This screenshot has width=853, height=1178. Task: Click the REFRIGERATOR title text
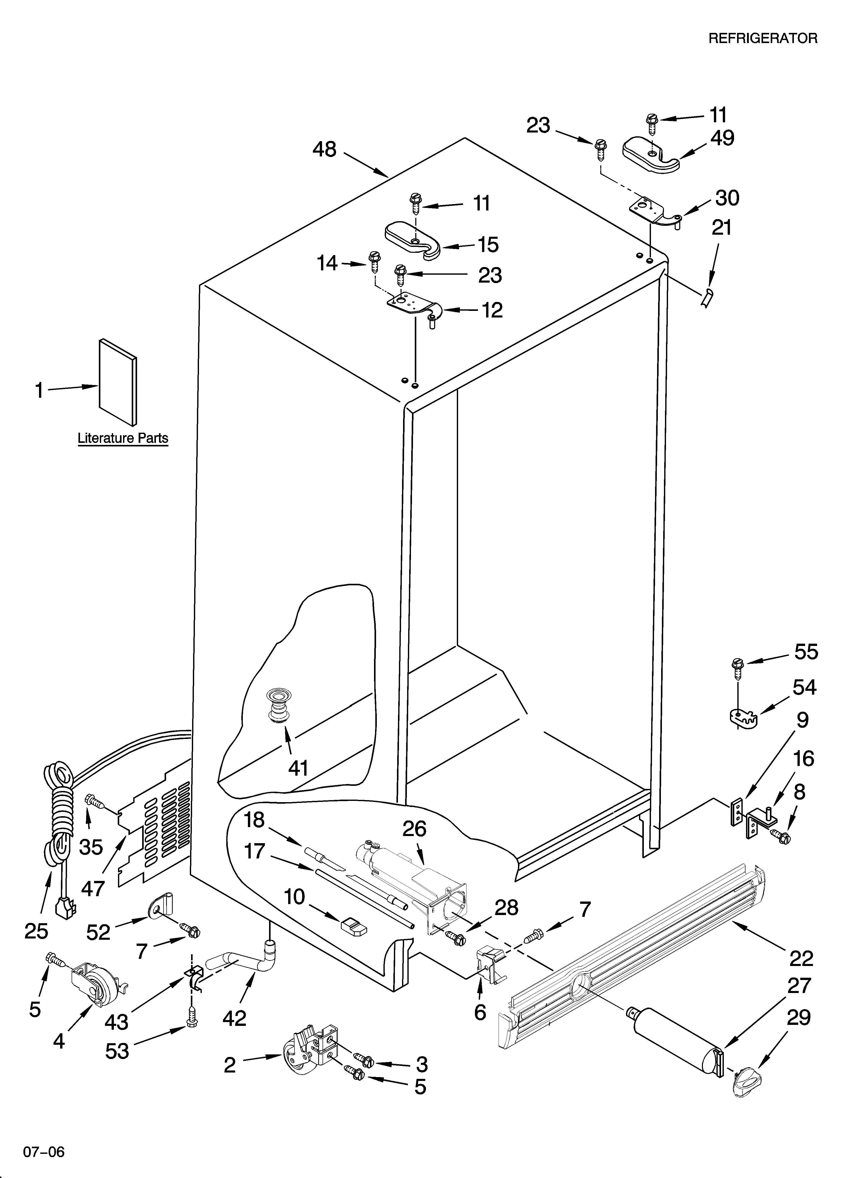[x=763, y=38]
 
